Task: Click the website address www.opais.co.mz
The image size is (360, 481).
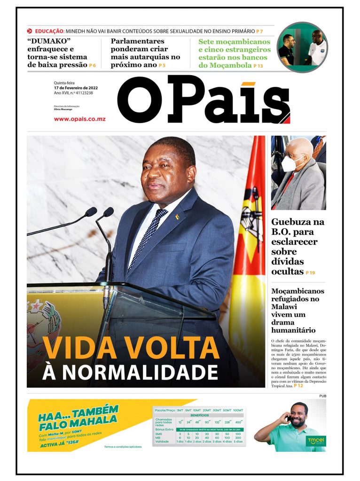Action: (79, 119)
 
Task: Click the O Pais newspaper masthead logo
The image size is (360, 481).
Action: (203, 100)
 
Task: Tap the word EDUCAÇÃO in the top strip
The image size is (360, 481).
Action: (49, 31)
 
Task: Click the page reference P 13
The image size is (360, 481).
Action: (258, 66)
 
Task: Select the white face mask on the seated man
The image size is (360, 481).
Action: (290, 163)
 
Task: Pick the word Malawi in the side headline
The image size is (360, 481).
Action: (287, 307)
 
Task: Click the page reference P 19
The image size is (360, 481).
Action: (310, 272)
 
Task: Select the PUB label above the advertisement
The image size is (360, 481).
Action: (321, 396)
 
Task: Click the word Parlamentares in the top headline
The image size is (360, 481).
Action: (137, 41)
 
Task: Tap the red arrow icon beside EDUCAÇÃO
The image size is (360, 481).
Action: (30, 31)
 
